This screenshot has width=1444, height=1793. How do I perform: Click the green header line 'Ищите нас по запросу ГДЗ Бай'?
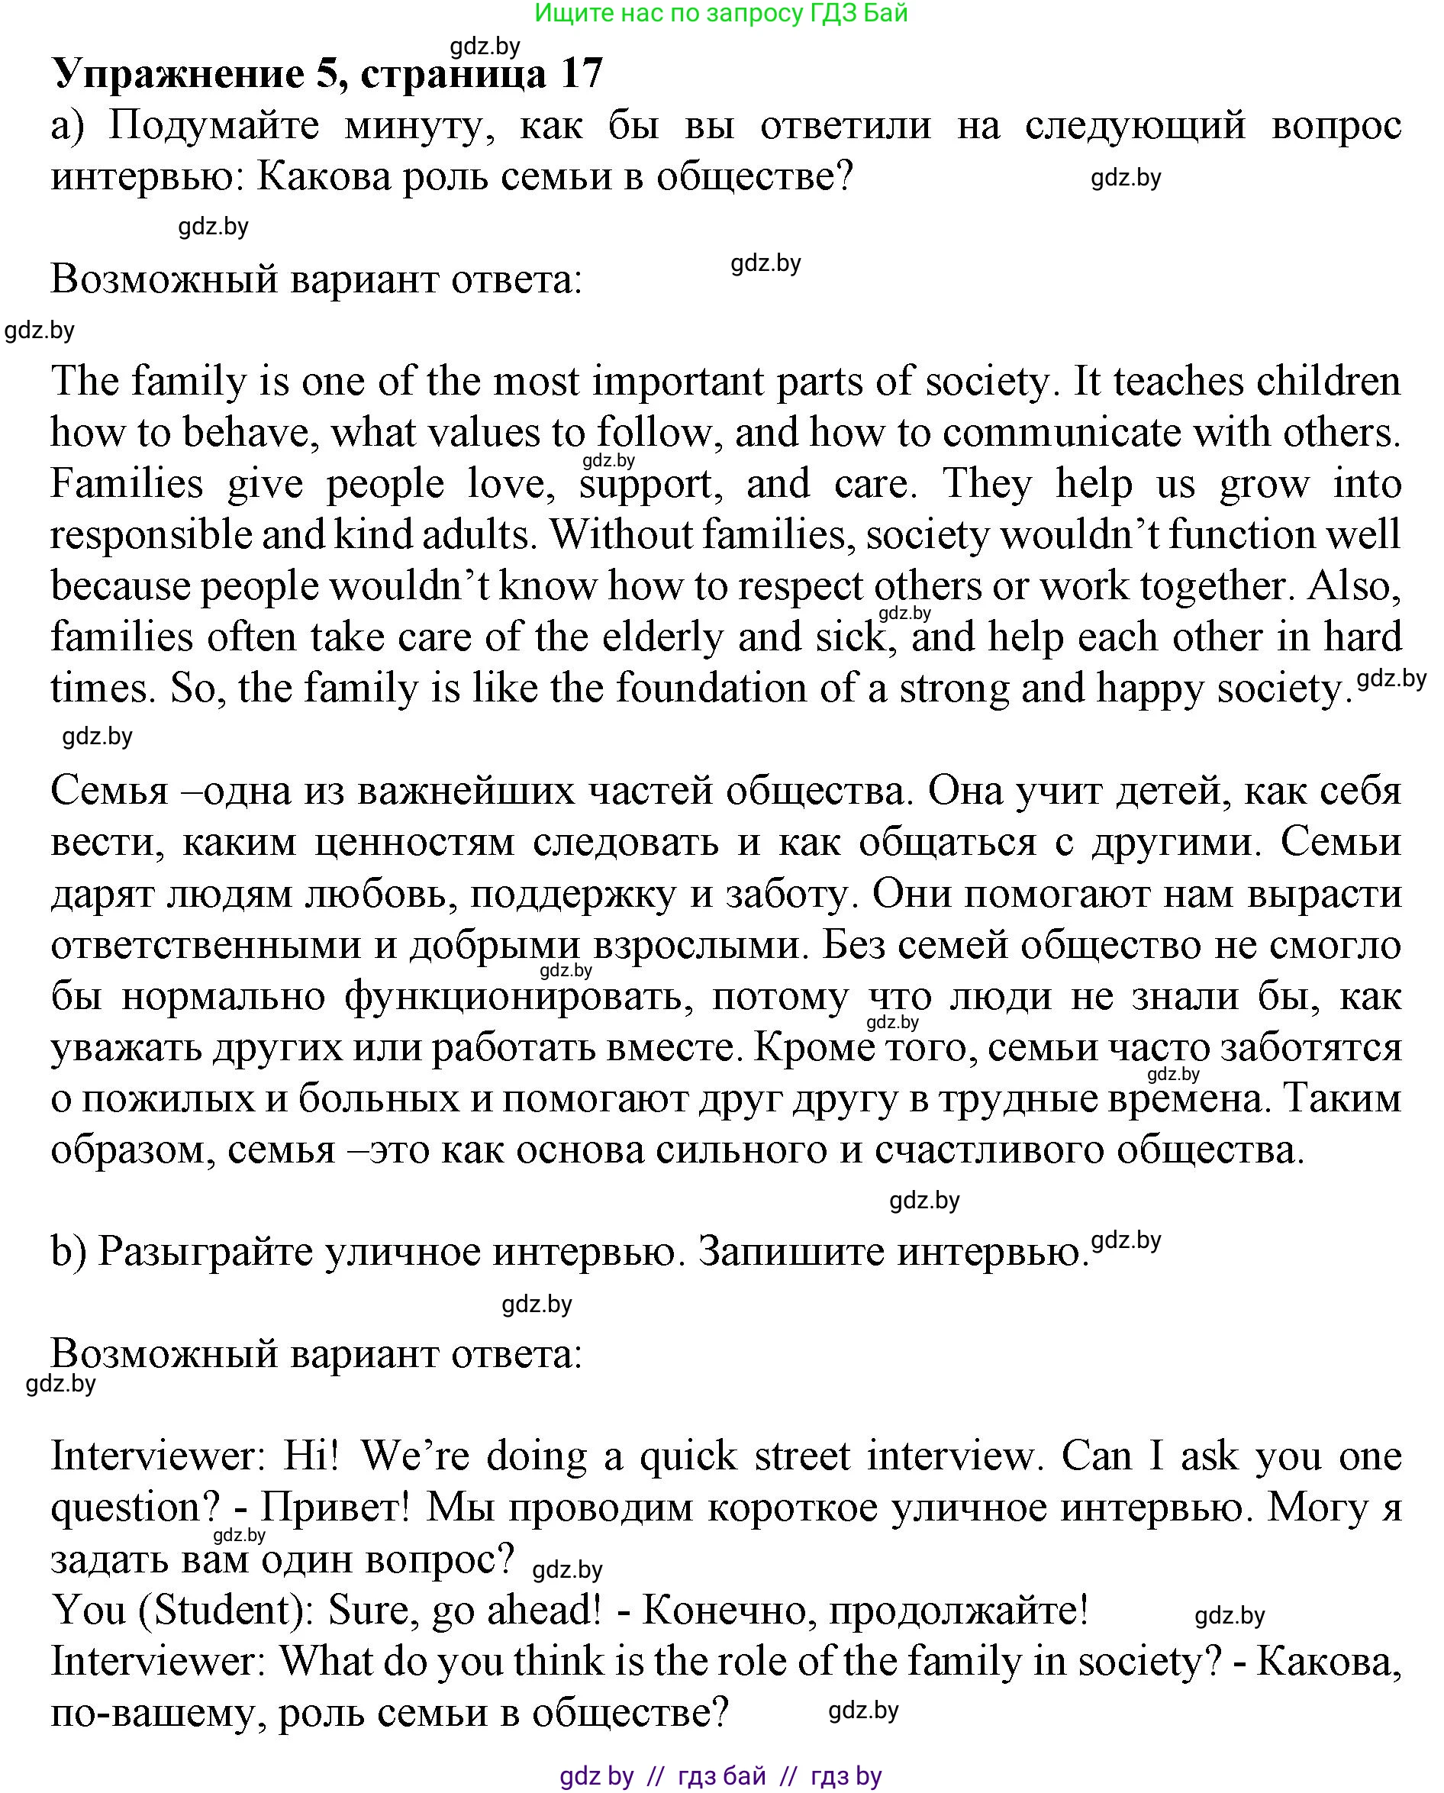click(720, 13)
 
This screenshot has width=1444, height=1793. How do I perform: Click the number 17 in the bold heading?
click(582, 73)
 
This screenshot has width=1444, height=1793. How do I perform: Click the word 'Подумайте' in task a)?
click(214, 127)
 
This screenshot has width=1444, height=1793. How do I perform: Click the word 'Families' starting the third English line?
click(127, 484)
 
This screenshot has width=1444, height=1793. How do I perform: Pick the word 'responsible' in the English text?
click(150, 536)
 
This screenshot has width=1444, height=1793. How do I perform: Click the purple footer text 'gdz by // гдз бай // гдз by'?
click(720, 1776)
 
